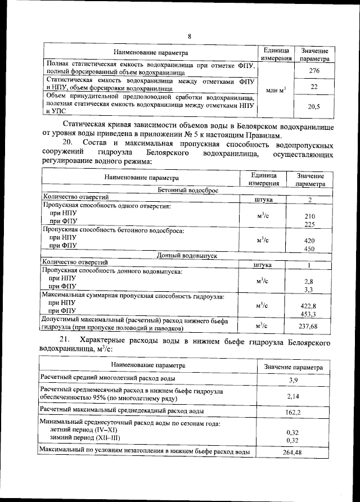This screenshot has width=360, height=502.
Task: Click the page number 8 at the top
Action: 190,37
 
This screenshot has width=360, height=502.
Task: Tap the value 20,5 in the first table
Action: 314,106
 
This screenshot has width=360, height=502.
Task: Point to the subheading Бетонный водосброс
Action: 187,190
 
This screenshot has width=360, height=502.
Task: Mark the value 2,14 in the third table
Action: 293,396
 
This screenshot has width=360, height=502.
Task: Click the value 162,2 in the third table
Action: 293,411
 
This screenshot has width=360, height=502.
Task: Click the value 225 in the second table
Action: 309,224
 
